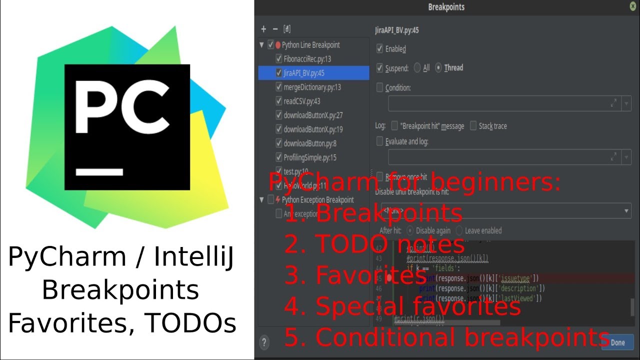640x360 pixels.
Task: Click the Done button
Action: pyautogui.click(x=618, y=342)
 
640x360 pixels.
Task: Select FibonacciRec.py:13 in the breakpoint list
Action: pyautogui.click(x=307, y=59)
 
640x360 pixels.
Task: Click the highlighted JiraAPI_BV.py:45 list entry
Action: pyautogui.click(x=304, y=73)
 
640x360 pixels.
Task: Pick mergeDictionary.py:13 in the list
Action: pyautogui.click(x=312, y=87)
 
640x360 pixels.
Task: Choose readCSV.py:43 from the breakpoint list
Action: pyautogui.click(x=302, y=101)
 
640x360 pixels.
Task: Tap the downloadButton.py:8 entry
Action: pyautogui.click(x=310, y=143)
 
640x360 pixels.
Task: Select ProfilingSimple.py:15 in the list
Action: pyautogui.click(x=310, y=157)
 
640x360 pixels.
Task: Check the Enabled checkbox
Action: pyautogui.click(x=380, y=49)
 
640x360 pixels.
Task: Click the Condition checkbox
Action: pyautogui.click(x=380, y=87)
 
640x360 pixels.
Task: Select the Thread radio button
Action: pyautogui.click(x=439, y=68)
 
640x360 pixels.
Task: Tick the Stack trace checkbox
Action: pyautogui.click(x=473, y=126)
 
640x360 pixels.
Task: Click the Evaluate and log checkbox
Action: pyautogui.click(x=380, y=141)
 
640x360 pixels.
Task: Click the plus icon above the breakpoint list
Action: pyautogui.click(x=263, y=29)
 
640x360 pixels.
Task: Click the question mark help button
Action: pyautogui.click(x=264, y=342)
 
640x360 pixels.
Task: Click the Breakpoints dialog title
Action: pyautogui.click(x=446, y=7)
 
